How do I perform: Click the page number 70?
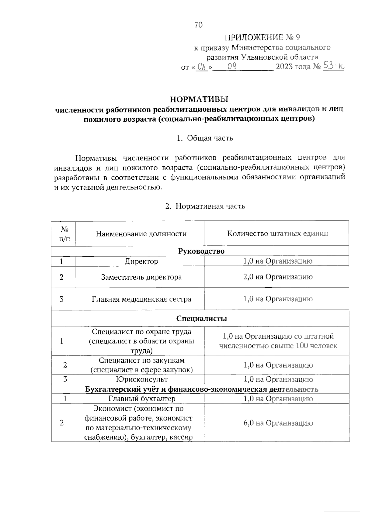198,25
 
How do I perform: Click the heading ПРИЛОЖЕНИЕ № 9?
262,38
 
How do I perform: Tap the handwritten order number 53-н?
333,66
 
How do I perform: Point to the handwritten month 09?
232,66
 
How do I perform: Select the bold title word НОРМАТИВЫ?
199,99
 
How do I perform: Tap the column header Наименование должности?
141,234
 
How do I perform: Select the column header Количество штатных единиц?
277,234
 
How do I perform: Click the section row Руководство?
201,251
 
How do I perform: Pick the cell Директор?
141,261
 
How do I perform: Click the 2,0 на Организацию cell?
278,277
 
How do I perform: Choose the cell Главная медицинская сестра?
141,299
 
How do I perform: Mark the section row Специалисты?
201,318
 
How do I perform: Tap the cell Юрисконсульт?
141,379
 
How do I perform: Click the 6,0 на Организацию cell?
278,423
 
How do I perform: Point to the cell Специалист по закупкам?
141,365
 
